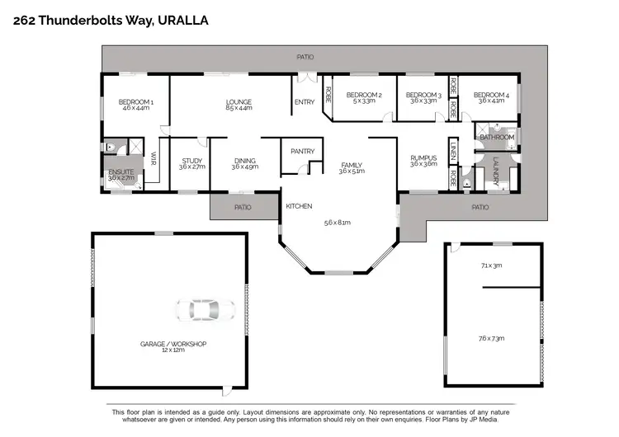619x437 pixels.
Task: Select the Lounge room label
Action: pyautogui.click(x=239, y=103)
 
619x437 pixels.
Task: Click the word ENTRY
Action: pyautogui.click(x=304, y=102)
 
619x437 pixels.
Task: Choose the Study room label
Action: pyautogui.click(x=191, y=162)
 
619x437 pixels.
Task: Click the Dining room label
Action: pyautogui.click(x=244, y=162)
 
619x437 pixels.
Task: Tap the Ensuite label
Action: pyautogui.click(x=120, y=173)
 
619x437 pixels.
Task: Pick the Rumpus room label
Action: pyautogui.click(x=422, y=160)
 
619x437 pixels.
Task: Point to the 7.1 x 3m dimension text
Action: pyautogui.click(x=491, y=265)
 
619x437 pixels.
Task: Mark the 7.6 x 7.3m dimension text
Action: pyautogui.click(x=491, y=338)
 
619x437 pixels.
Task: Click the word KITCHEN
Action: pyautogui.click(x=298, y=205)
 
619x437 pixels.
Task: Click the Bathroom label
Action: pyautogui.click(x=497, y=137)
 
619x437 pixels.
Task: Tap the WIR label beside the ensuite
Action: pyautogui.click(x=154, y=162)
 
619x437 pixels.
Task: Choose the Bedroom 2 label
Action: pyautogui.click(x=363, y=96)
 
